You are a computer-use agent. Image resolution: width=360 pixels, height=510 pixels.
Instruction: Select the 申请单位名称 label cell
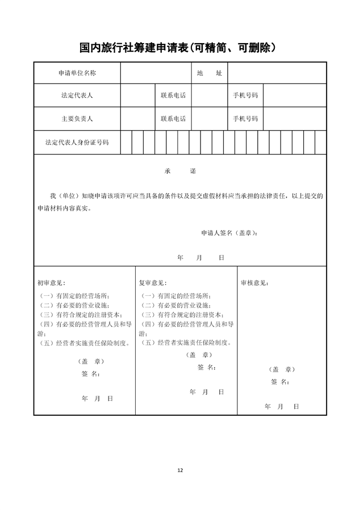tap(77, 73)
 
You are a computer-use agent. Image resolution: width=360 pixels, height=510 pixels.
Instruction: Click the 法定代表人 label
tap(77, 95)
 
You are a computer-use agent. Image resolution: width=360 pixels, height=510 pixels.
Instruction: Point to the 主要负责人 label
tap(77, 119)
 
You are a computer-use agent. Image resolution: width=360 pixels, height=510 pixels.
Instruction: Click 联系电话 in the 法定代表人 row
tap(173, 95)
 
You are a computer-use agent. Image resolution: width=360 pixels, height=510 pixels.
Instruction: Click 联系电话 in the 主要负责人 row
tap(173, 119)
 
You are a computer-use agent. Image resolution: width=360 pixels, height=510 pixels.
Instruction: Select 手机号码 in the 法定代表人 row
tap(245, 95)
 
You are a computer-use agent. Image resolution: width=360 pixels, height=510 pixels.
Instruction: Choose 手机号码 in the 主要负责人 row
tap(245, 119)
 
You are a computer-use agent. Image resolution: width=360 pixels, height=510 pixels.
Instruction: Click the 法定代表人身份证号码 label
tap(77, 143)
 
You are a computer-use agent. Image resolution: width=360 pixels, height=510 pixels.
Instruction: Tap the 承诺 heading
tap(180, 171)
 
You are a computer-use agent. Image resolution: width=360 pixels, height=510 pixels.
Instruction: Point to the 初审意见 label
tap(51, 283)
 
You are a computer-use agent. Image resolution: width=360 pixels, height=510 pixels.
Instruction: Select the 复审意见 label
tap(153, 283)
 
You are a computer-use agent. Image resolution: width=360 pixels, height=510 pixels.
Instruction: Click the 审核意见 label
tap(255, 283)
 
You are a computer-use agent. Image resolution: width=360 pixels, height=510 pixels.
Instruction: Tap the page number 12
tap(180, 470)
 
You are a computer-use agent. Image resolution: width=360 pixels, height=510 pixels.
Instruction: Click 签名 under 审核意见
tap(281, 382)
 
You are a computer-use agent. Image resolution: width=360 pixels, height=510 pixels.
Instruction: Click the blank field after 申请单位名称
tap(155, 73)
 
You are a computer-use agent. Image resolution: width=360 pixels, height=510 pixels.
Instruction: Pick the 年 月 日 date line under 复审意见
tap(206, 392)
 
